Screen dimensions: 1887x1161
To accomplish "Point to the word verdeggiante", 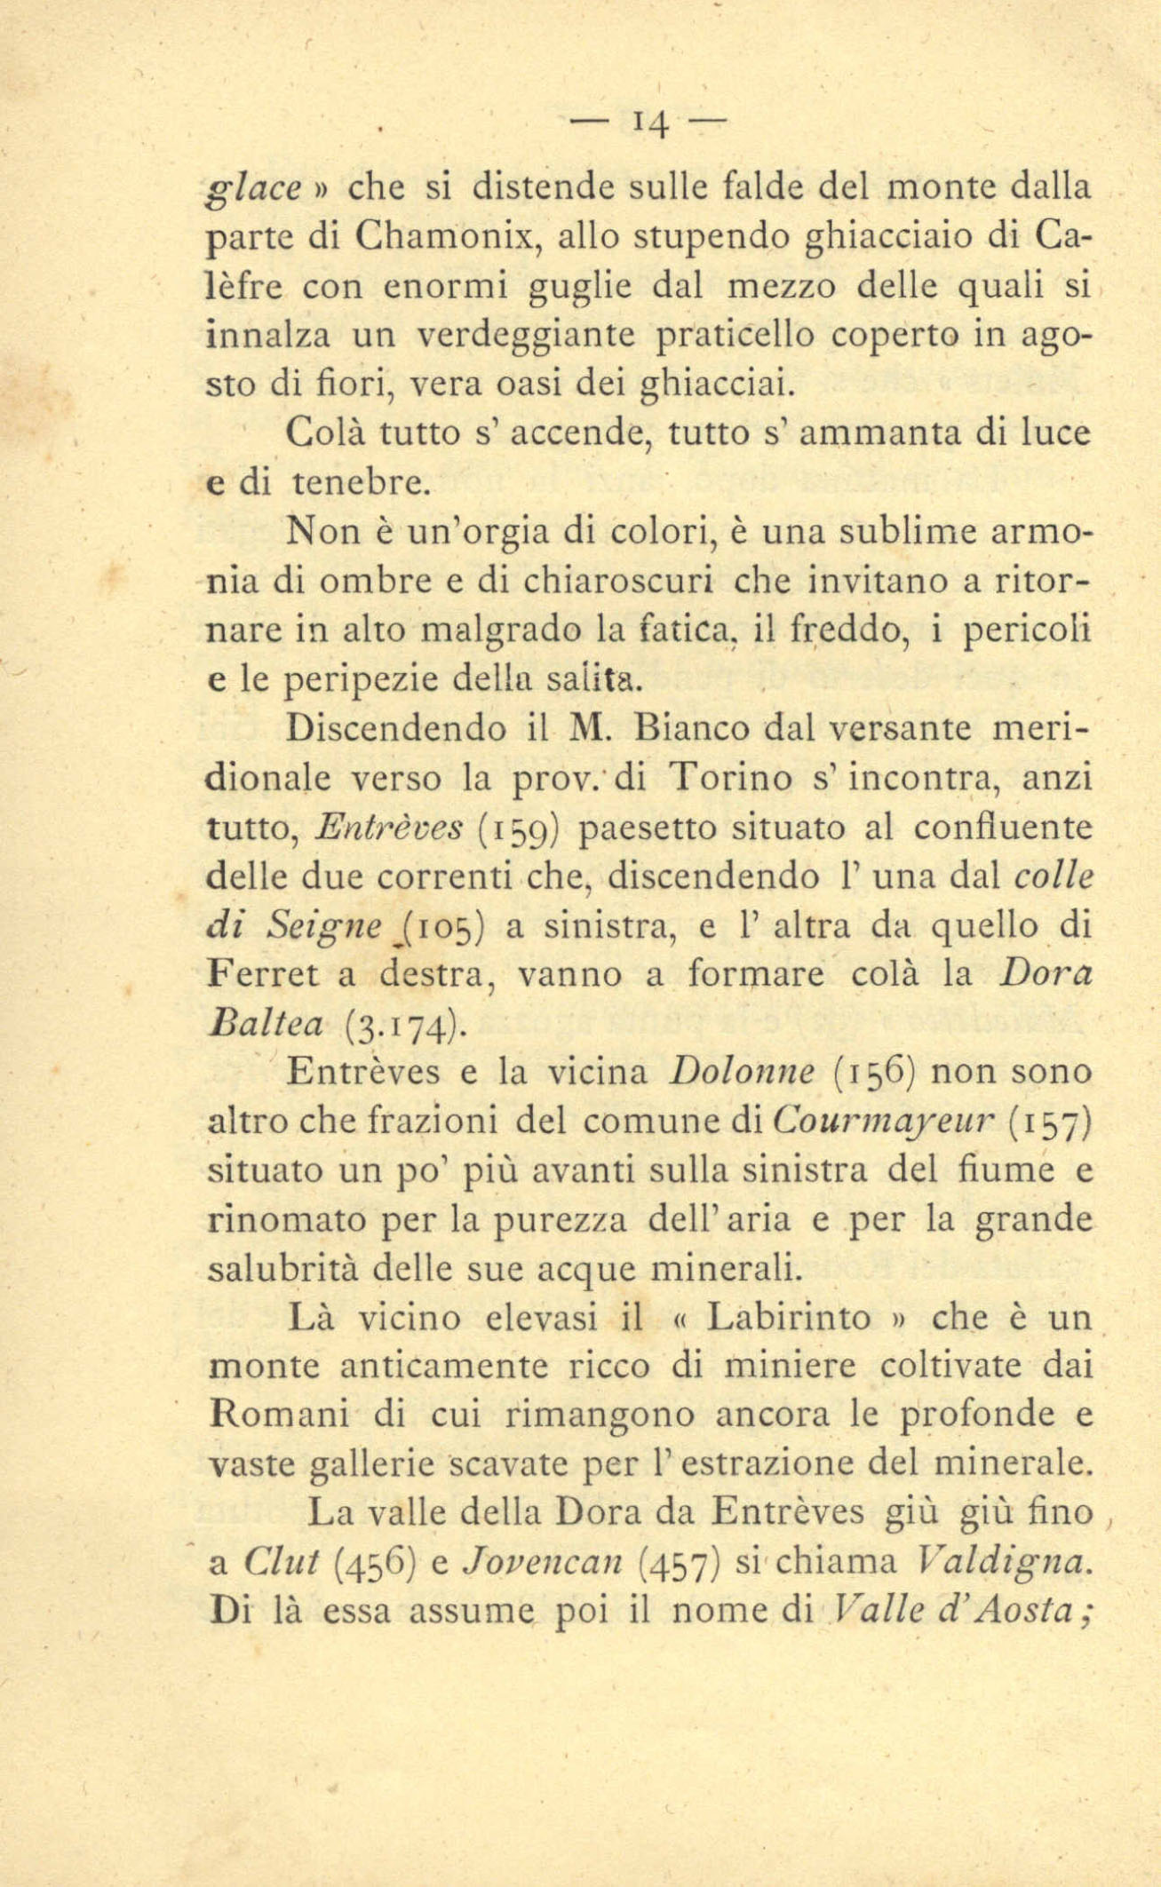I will click(528, 337).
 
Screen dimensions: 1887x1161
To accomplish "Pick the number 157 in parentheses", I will click(1049, 1124).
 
